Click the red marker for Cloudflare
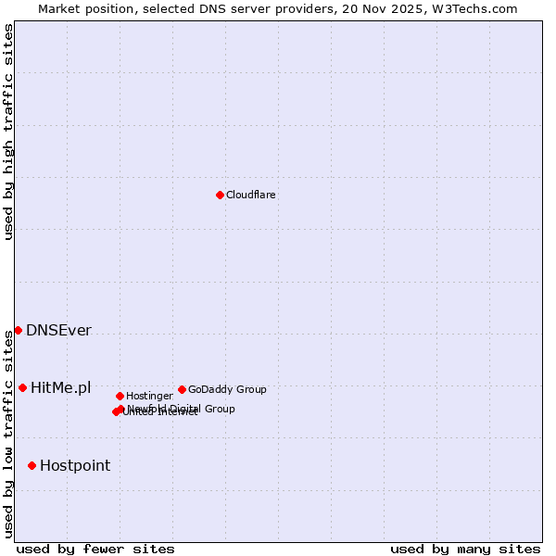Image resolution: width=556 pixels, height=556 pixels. [220, 195]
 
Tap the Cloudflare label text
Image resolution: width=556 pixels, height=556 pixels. [251, 195]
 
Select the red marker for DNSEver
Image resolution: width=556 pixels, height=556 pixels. [18, 331]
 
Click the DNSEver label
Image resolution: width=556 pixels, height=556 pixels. [58, 331]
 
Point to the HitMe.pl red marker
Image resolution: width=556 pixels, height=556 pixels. [22, 387]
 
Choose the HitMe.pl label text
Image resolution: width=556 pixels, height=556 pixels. [61, 387]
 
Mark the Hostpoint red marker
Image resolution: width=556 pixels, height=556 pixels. [32, 465]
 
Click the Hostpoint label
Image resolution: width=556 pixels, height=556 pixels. [75, 465]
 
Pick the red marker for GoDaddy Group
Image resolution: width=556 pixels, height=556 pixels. [182, 389]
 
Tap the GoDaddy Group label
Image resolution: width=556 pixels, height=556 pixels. [227, 389]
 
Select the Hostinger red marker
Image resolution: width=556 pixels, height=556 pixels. [120, 396]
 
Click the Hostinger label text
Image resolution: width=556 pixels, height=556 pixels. [149, 396]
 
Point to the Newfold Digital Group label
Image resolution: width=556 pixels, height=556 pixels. [181, 409]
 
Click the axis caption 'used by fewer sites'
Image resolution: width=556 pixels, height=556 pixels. [95, 549]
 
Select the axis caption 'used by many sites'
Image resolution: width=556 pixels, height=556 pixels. [465, 549]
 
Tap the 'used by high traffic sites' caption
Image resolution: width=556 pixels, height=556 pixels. [8, 132]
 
